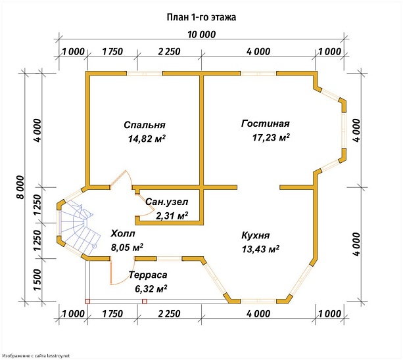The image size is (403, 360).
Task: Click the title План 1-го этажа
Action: pos(201,17)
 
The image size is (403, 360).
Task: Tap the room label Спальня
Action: pos(145,125)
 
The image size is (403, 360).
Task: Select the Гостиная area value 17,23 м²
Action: pos(271,137)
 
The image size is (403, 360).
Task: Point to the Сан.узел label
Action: pos(166,202)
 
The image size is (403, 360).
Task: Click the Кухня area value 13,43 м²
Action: pos(260,249)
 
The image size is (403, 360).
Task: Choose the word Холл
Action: pos(123,234)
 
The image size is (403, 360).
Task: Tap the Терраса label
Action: pos(148,275)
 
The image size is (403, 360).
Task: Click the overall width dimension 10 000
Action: pos(201,34)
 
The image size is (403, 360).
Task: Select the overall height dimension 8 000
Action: pos(20,187)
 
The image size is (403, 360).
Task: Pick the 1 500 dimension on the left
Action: pos(37,280)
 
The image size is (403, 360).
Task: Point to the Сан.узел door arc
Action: pos(145,207)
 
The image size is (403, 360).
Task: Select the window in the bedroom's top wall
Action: pos(145,74)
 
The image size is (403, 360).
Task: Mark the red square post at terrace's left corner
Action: pos(87,302)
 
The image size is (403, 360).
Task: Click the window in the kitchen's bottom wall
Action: pos(258,301)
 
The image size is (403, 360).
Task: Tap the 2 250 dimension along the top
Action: pos(169,52)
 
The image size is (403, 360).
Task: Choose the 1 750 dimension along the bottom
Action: pos(112,314)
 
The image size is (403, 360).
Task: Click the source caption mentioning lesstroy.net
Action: pos(36,356)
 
